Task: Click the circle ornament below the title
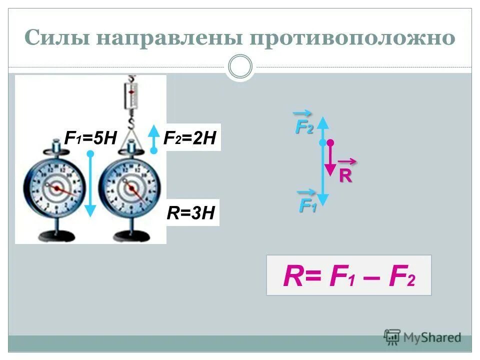click(x=240, y=66)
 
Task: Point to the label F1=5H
click(x=90, y=137)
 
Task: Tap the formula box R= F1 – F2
click(x=348, y=275)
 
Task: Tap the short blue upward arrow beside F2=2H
click(x=154, y=138)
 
